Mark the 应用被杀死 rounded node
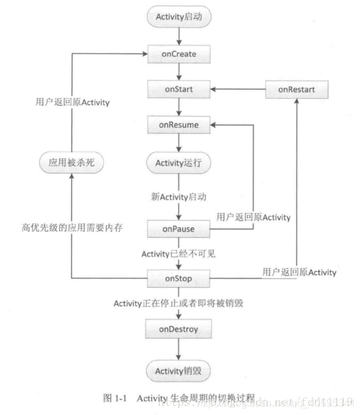(x=72, y=162)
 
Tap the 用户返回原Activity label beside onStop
(x=300, y=272)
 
